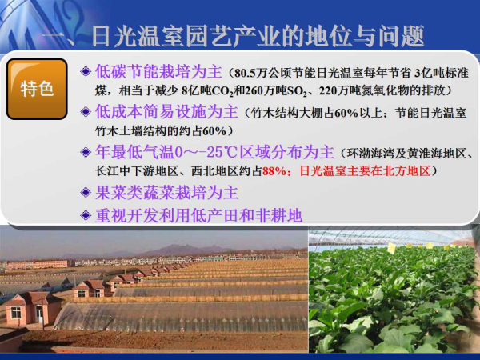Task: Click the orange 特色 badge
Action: [37, 89]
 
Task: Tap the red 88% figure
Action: [274, 171]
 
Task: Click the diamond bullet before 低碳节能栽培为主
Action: [86, 72]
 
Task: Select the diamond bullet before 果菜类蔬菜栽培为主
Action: [86, 193]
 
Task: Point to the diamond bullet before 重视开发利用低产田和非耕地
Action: [86, 215]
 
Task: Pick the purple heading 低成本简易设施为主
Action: [166, 111]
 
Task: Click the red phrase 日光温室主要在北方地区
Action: [365, 171]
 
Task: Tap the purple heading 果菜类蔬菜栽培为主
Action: [166, 193]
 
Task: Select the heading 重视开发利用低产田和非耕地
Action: [198, 215]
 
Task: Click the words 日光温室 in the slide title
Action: [145, 37]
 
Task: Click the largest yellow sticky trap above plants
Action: [391, 248]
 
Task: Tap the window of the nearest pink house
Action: [16, 312]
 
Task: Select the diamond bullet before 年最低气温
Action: [86, 152]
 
